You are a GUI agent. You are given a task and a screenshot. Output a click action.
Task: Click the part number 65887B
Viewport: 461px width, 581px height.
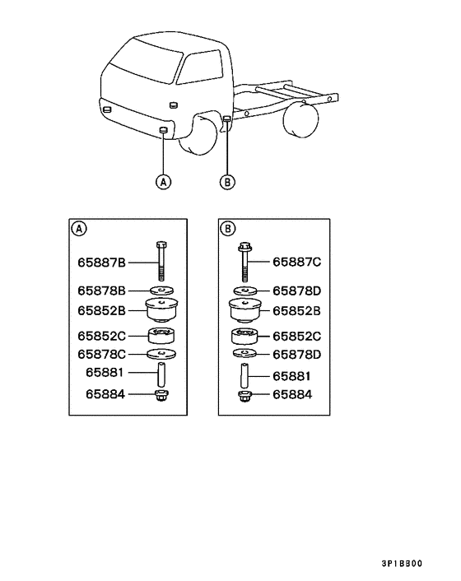[101, 263]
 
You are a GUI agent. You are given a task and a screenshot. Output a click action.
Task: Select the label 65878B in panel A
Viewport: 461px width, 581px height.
[101, 290]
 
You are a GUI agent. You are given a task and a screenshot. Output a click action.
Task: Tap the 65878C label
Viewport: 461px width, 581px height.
[101, 355]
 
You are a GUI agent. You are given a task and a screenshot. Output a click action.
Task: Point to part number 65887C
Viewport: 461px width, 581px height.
[297, 262]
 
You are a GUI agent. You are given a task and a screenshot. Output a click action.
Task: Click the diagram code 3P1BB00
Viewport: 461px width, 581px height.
[402, 564]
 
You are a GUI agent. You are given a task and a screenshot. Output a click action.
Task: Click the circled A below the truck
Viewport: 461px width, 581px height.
[164, 182]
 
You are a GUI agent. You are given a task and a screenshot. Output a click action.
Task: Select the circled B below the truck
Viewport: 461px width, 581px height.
[227, 182]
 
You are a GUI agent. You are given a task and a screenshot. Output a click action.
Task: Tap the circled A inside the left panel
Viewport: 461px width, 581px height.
[78, 229]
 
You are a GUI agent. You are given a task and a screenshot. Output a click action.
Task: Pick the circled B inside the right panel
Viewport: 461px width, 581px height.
[227, 229]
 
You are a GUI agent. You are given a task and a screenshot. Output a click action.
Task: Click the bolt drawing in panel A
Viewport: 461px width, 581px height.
[161, 261]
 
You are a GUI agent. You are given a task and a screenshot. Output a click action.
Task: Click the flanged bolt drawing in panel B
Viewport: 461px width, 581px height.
[244, 263]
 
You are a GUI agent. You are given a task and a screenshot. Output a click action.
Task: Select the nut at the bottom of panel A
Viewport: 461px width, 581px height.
[161, 396]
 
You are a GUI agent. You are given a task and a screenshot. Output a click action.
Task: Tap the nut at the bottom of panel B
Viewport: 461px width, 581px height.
[244, 397]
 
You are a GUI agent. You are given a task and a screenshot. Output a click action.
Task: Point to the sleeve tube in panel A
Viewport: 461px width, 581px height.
[161, 374]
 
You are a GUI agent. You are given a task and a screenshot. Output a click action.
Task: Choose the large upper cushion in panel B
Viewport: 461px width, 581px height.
[245, 310]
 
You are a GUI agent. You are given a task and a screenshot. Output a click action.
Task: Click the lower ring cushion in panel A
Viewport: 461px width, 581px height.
[161, 336]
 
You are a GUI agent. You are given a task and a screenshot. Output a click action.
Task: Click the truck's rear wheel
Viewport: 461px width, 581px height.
[300, 120]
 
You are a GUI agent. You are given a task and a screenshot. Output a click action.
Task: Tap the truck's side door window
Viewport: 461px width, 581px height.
[200, 67]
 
